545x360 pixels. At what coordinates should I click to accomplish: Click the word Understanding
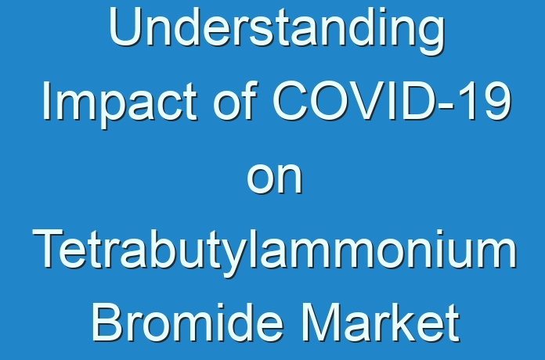(x=277, y=31)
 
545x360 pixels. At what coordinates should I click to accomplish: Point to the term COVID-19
(x=392, y=101)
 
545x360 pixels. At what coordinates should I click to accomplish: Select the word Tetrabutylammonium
(x=275, y=252)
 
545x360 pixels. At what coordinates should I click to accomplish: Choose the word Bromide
(x=187, y=322)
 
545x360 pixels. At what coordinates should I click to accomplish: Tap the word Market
(x=381, y=322)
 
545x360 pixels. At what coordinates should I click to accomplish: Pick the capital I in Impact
(x=45, y=101)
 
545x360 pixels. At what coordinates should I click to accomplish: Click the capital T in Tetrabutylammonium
(x=49, y=249)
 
